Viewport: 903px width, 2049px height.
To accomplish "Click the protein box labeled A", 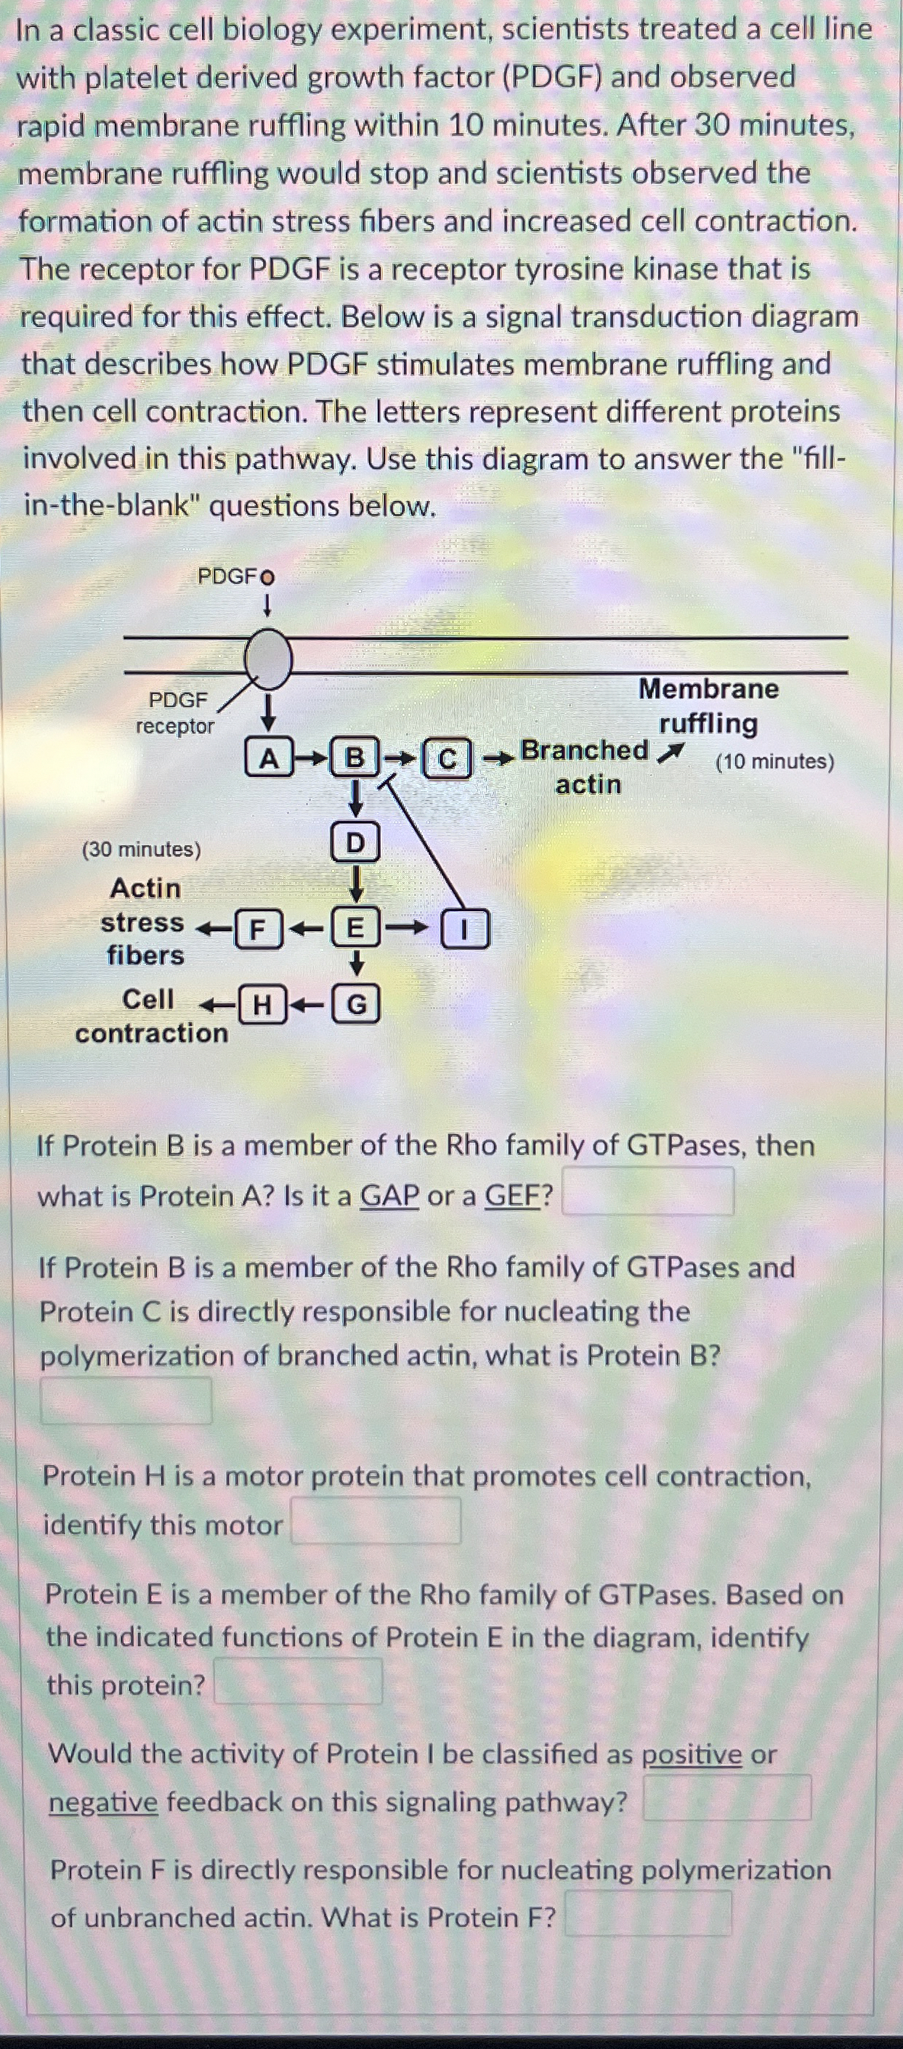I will pos(269,759).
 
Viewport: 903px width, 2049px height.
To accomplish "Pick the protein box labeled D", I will pos(356,842).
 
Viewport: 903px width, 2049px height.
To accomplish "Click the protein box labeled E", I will pos(356,927).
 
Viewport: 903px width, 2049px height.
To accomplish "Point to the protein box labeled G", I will pos(357,1006).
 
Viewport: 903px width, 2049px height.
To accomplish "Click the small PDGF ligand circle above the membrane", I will pos(267,577).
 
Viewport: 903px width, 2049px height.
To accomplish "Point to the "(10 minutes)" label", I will pos(775,762).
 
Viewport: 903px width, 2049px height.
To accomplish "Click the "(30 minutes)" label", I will pos(142,850).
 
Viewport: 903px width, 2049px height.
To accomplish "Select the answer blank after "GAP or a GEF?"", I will pos(647,1191).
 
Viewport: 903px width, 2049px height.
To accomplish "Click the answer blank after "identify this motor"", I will pos(376,1521).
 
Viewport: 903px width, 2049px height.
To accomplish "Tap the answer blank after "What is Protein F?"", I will pos(649,1913).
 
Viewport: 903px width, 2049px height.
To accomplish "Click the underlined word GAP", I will pos(389,1196).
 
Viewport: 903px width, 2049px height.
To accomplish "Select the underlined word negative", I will pos(103,1801).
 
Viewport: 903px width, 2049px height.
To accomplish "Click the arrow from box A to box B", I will pos(311,759).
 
